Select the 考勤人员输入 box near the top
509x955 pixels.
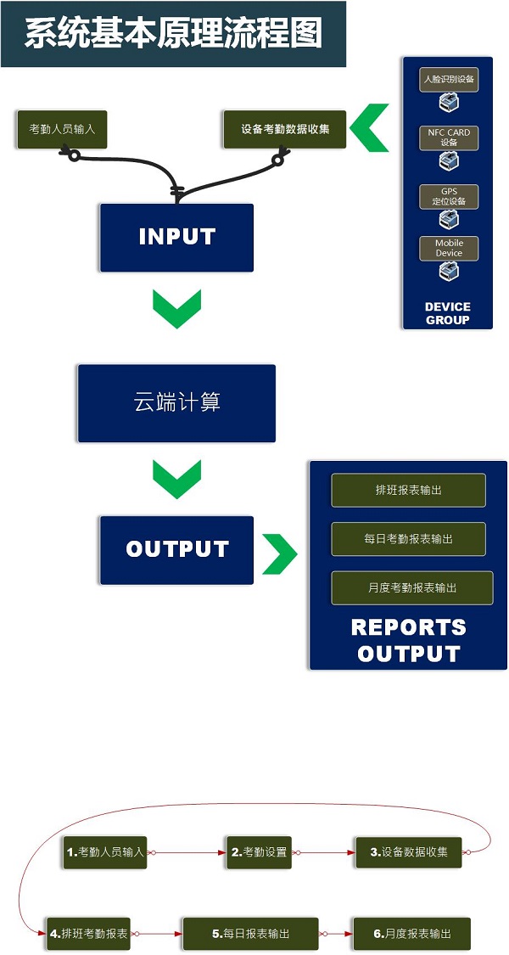62,130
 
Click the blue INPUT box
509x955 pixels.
176,237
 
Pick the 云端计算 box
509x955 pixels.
176,402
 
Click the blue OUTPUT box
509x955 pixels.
176,549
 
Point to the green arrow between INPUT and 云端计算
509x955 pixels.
176,308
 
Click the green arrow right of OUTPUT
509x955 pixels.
279,554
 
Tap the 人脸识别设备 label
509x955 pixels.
449,80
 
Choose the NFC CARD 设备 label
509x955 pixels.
449,138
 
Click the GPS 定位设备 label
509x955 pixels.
449,196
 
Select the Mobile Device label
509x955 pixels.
449,248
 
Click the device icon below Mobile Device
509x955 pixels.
449,272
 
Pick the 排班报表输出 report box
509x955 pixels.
408,490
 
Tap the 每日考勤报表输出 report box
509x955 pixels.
408,539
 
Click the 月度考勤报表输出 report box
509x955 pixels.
412,587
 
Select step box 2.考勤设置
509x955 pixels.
260,851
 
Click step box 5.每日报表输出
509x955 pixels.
250,933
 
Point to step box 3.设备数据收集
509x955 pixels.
409,851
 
